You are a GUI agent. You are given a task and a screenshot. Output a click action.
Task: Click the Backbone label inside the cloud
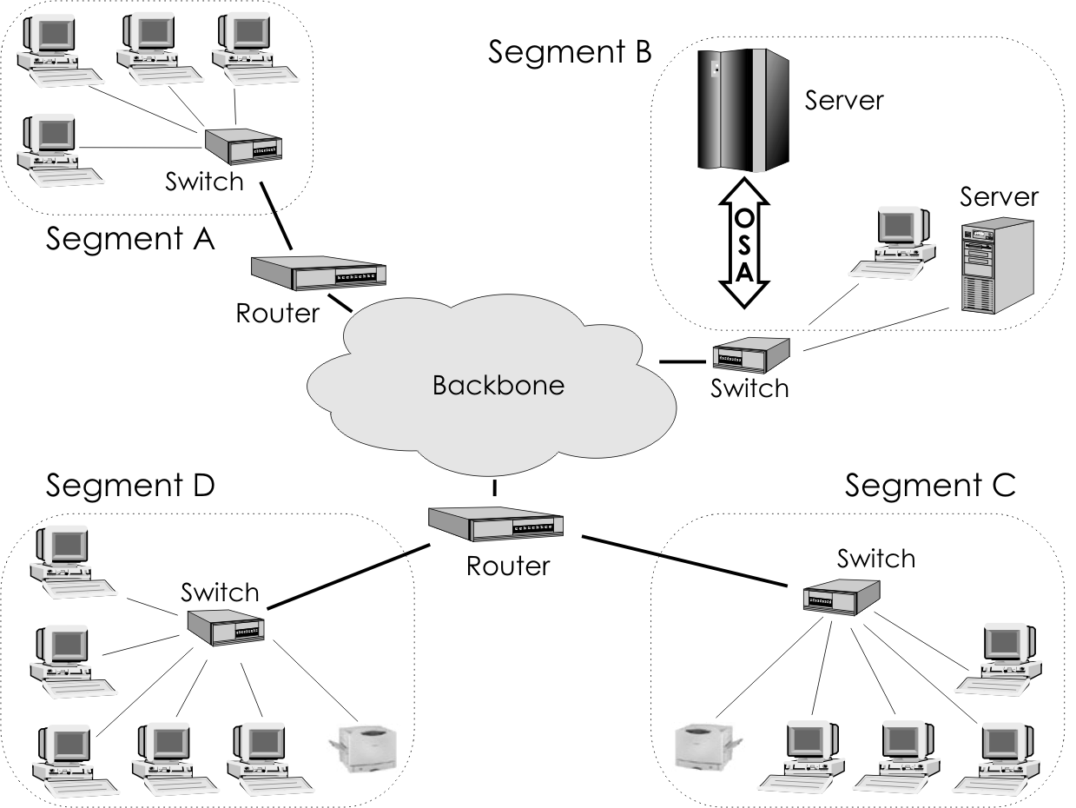[x=498, y=385]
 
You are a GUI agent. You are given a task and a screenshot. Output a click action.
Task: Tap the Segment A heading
[x=129, y=238]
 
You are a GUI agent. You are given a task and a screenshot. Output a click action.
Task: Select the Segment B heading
[x=569, y=51]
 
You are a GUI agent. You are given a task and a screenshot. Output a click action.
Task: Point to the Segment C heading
[x=929, y=486]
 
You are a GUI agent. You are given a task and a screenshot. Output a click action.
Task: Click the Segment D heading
[x=129, y=485]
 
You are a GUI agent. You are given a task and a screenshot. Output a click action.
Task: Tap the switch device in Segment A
[x=242, y=147]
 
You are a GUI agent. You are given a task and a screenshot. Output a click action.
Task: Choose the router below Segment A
[x=318, y=273]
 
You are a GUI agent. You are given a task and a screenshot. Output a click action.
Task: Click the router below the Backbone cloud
[x=496, y=524]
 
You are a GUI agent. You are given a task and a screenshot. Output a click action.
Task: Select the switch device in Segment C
[x=842, y=596]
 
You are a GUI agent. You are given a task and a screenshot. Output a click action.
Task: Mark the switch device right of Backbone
[x=750, y=354]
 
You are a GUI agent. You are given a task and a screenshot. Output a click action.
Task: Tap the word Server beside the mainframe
[x=843, y=100]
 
